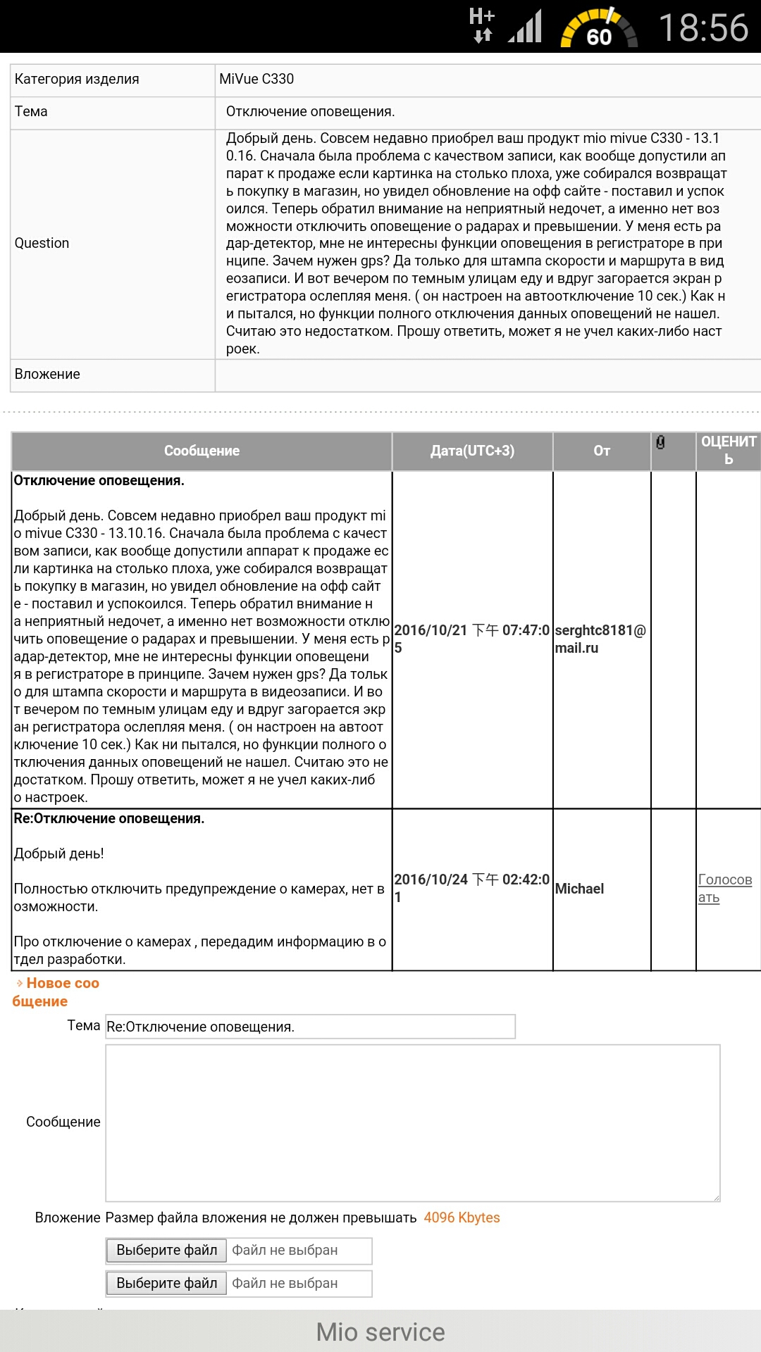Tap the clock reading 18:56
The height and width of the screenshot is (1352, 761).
703,28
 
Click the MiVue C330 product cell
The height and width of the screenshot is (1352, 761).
256,80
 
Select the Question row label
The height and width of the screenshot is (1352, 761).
42,244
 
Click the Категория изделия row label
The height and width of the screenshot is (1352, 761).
77,80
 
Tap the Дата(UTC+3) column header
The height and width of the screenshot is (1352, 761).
472,451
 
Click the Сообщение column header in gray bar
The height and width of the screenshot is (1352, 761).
202,451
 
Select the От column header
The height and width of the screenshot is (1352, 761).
602,451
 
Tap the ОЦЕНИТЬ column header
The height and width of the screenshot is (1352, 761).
729,450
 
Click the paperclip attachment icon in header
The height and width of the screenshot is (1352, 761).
660,442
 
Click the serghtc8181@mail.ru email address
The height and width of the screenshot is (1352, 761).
600,639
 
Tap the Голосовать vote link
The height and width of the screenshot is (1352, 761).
724,888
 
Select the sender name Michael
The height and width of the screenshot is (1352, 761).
579,889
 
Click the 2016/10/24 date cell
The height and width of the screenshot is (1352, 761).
471,888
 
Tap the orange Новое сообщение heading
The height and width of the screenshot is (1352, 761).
56,992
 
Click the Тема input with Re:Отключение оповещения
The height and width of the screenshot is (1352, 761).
310,1027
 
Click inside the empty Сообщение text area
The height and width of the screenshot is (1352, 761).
412,1122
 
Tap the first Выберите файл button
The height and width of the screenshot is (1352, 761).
167,1250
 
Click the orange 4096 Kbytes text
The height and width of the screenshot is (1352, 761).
462,1218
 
